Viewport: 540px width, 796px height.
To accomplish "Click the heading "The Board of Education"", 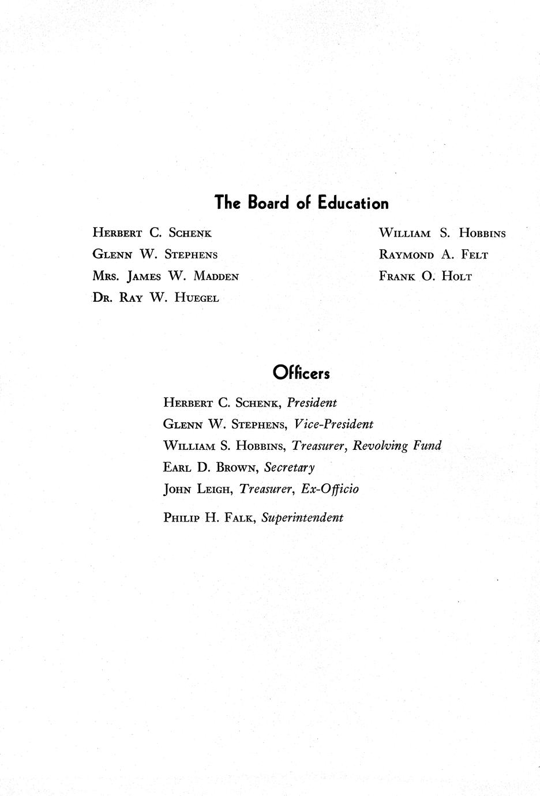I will (x=301, y=203).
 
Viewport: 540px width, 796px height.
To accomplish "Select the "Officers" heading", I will (x=301, y=373).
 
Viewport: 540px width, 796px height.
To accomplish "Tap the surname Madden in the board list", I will (x=216, y=276).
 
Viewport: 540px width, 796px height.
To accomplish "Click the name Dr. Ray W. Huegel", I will (x=156, y=298).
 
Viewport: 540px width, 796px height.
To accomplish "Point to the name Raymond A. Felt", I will (x=433, y=255).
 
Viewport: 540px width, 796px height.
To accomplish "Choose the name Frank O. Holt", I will (x=425, y=276).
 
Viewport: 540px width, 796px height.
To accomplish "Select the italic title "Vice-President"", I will (x=333, y=425).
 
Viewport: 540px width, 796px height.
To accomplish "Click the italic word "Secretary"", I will (x=289, y=467).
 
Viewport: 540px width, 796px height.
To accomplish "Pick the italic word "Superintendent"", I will (x=302, y=517).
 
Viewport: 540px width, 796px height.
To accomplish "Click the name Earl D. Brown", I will (x=210, y=467).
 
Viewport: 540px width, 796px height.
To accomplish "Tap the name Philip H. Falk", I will (x=209, y=517).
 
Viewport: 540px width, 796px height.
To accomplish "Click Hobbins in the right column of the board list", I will (x=482, y=234).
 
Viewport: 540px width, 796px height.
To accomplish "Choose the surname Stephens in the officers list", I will (x=258, y=425).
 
